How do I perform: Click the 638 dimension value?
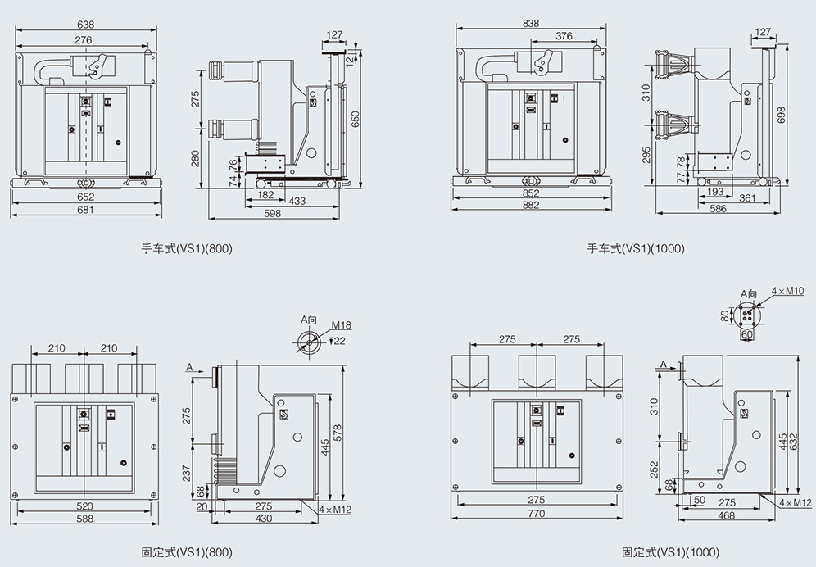click(x=85, y=25)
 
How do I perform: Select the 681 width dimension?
click(x=86, y=210)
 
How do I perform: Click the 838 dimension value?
click(x=531, y=24)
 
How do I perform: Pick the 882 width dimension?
click(x=531, y=205)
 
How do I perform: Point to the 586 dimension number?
click(x=718, y=210)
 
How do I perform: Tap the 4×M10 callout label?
click(x=790, y=290)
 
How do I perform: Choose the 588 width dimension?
click(x=84, y=519)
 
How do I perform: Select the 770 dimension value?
click(x=536, y=514)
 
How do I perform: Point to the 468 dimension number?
click(x=726, y=515)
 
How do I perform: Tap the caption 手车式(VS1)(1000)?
click(x=636, y=248)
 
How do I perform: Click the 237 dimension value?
click(x=187, y=474)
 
